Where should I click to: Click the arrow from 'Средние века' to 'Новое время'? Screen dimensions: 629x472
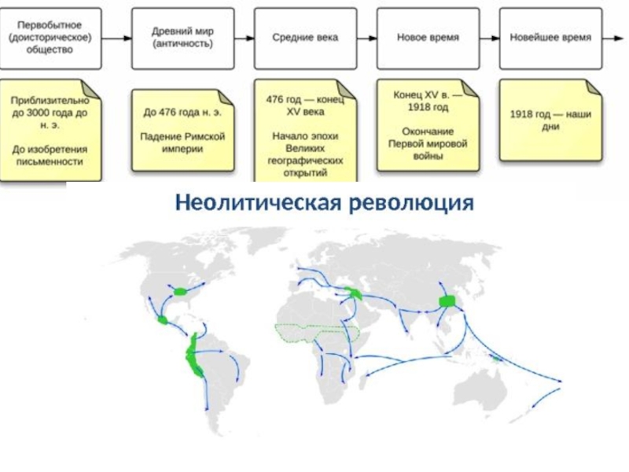pyautogui.click(x=366, y=38)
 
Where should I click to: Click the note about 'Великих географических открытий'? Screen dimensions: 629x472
pyautogui.click(x=305, y=131)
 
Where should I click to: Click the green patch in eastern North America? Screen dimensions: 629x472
pyautogui.click(x=182, y=291)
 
